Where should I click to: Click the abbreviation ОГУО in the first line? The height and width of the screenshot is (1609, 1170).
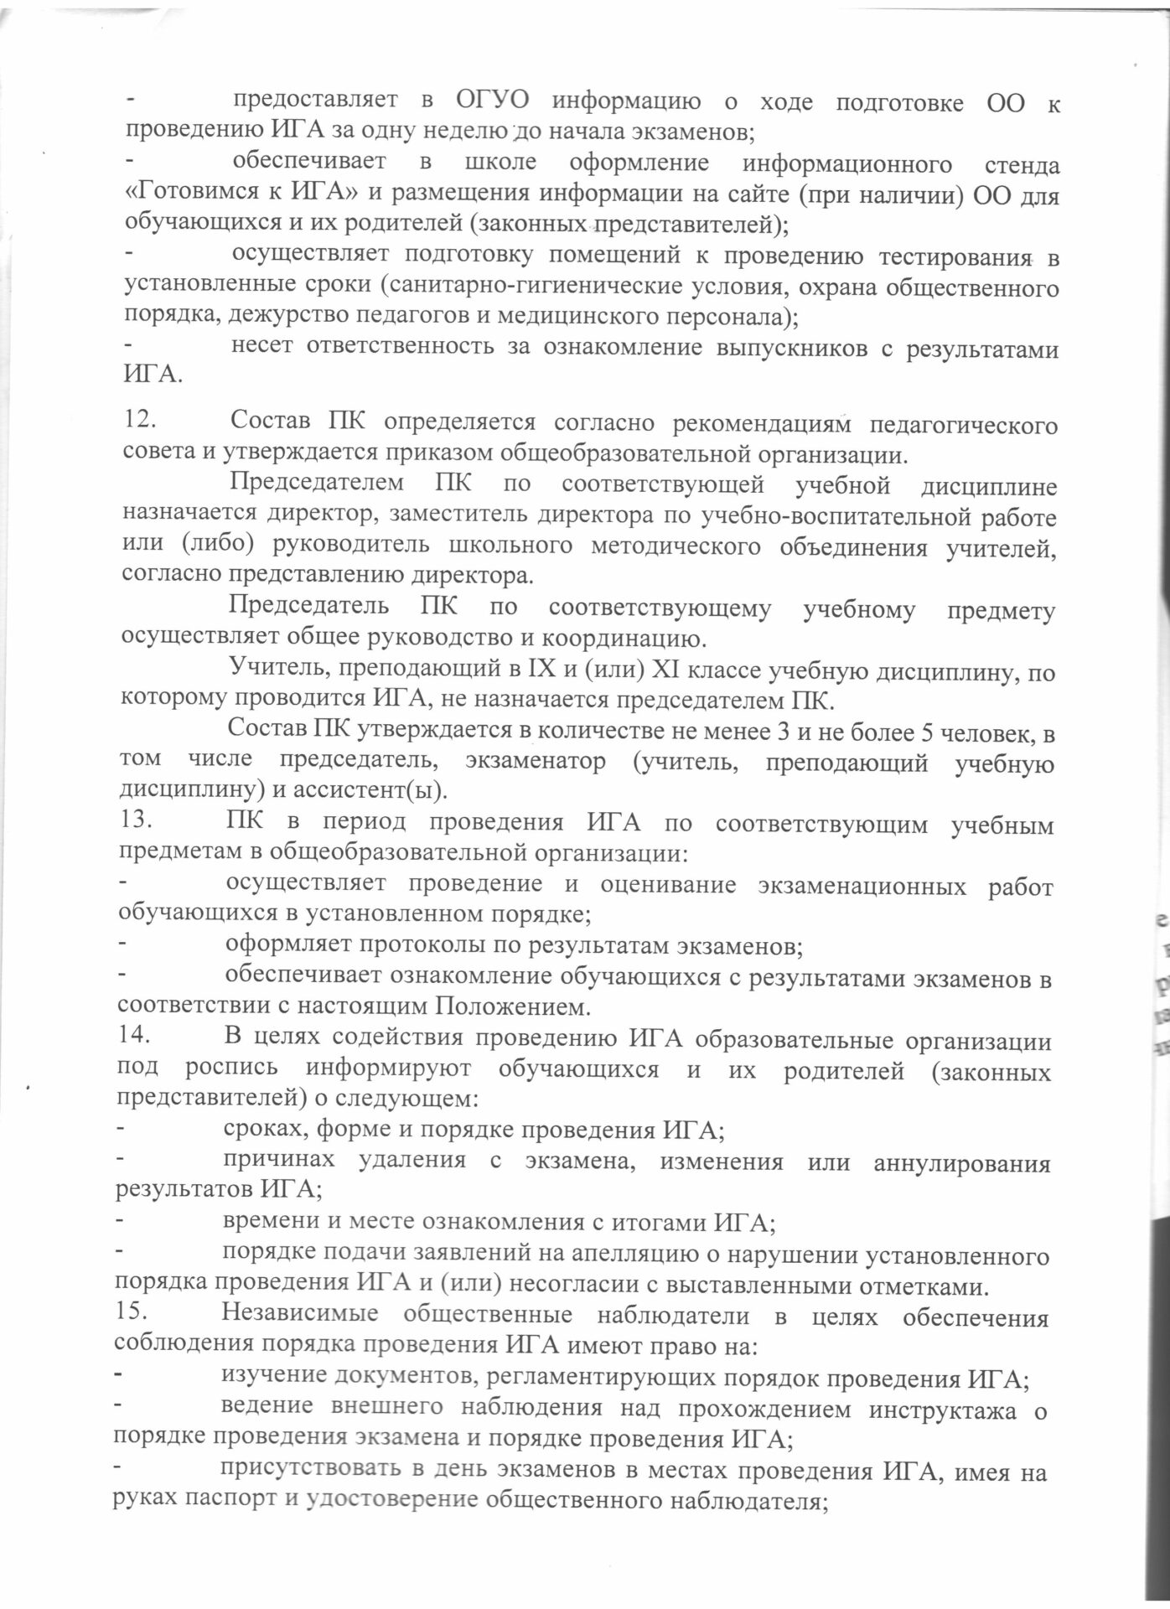[494, 102]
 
